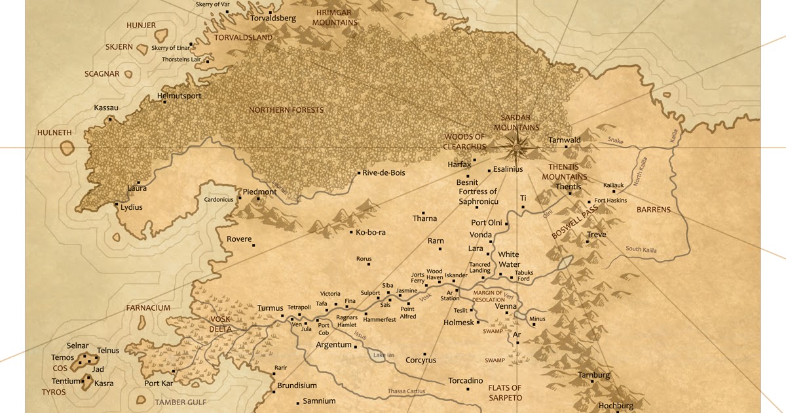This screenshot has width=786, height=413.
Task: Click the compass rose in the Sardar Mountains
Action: point(516,146)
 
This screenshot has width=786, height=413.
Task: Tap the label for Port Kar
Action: point(159,383)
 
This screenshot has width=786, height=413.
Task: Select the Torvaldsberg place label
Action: point(274,18)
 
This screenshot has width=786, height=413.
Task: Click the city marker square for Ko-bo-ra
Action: point(352,232)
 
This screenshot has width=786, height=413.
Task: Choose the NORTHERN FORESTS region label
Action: point(286,110)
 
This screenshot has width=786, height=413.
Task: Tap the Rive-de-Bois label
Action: point(384,173)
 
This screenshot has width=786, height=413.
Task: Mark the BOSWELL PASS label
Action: point(566,222)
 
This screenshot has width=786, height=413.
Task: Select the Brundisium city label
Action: point(297,386)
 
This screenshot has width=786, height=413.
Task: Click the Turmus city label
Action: point(271,308)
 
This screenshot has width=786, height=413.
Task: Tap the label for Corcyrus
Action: point(421,361)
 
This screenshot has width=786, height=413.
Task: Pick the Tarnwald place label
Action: point(565,140)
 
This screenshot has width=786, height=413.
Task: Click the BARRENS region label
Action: point(654,210)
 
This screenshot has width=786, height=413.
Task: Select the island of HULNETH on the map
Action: point(67,149)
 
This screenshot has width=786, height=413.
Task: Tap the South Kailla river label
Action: point(641,249)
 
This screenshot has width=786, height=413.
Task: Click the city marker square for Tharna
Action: point(424,213)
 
